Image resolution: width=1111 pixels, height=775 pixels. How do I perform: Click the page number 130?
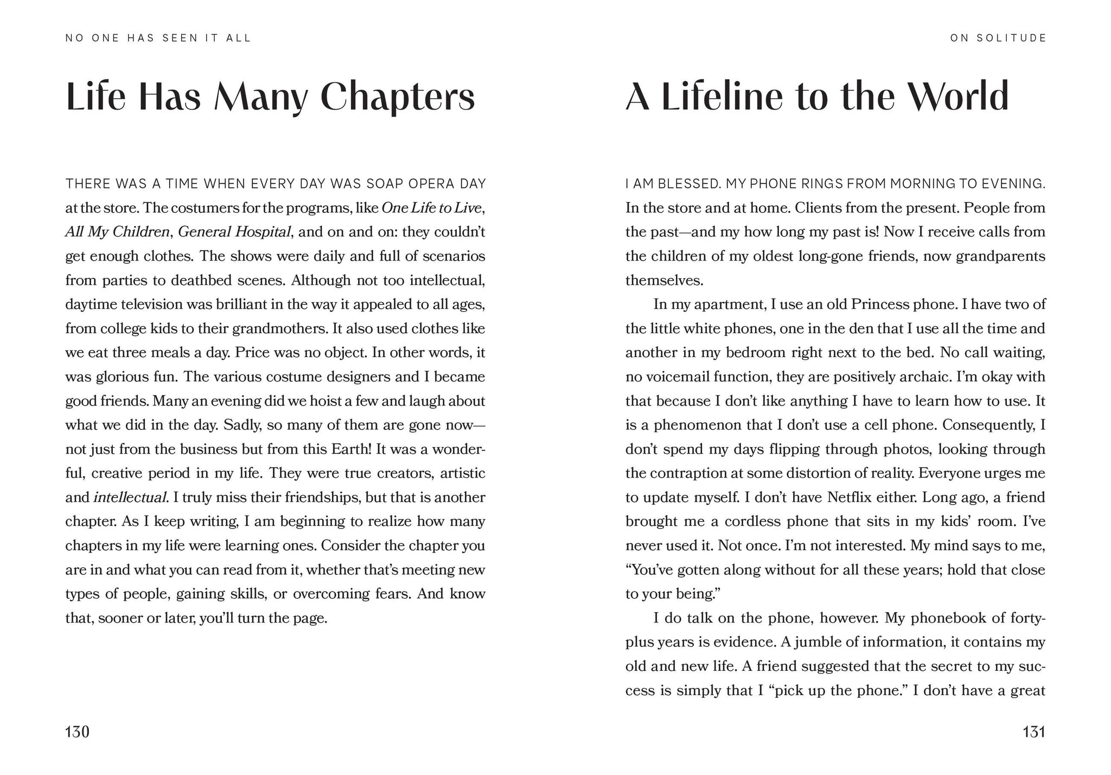[x=77, y=732]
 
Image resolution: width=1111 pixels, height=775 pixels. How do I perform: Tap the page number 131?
[x=1033, y=732]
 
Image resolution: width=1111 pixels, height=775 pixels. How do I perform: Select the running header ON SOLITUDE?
[x=998, y=38]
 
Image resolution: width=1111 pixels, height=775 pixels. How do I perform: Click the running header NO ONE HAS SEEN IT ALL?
[x=158, y=38]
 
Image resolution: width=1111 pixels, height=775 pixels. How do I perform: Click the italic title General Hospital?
[x=234, y=232]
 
